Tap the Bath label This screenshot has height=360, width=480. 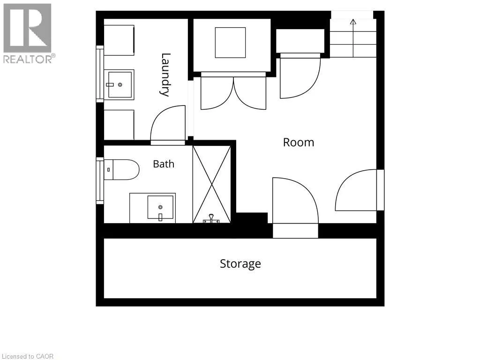164,164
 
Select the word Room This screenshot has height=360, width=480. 299,142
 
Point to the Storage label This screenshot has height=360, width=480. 240,264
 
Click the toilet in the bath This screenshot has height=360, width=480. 121,169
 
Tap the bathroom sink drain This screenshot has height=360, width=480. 160,207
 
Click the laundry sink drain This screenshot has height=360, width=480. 120,84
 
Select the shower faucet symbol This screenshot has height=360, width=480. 211,218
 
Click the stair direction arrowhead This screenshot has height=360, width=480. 353,22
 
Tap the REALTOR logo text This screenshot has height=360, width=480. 30,59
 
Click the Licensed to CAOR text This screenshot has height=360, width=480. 27,356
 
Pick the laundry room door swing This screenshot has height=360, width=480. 168,125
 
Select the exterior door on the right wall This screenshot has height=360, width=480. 360,190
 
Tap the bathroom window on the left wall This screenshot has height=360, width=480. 100,180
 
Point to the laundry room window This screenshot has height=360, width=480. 100,74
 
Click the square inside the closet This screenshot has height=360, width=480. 230,43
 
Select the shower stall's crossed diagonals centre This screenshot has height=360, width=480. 211,184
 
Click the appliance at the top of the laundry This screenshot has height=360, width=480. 119,40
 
